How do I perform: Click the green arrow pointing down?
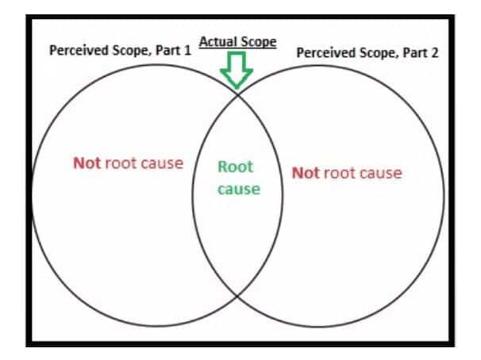[237, 70]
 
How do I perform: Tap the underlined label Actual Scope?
[238, 42]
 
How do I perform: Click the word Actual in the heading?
[217, 41]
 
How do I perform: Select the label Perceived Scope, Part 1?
[121, 51]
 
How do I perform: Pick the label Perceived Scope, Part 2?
[367, 52]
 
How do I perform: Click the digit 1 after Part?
[187, 50]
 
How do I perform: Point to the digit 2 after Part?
[435, 52]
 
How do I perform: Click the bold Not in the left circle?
[87, 163]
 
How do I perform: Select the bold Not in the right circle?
[306, 173]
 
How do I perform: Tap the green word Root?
[236, 167]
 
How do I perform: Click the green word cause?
[239, 190]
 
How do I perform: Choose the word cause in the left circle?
[162, 163]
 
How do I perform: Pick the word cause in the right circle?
[381, 173]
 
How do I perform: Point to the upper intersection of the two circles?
[237, 95]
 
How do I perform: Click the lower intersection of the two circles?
[237, 296]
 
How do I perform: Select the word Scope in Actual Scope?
[259, 42]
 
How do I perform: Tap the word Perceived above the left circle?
[79, 50]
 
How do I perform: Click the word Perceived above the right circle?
[326, 52]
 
